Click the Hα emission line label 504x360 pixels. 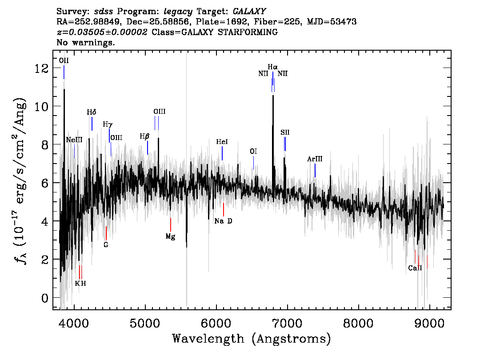coord(272,67)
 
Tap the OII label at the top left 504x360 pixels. coord(64,61)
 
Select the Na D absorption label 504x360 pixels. coord(223,221)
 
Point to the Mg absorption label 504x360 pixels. coord(170,237)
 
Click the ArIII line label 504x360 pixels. coord(315,159)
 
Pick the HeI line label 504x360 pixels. coord(222,142)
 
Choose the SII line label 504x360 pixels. coord(285,132)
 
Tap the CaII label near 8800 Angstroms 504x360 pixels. coord(415,268)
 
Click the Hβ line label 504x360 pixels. coord(144,136)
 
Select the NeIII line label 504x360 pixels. coord(74,140)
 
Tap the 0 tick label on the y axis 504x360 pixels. coord(45,298)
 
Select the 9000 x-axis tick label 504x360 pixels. coord(429,323)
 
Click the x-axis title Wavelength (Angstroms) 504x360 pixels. coord(252,339)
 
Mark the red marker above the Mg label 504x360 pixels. coord(170,224)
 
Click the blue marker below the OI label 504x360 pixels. coord(253,163)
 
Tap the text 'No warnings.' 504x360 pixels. coord(85,42)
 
